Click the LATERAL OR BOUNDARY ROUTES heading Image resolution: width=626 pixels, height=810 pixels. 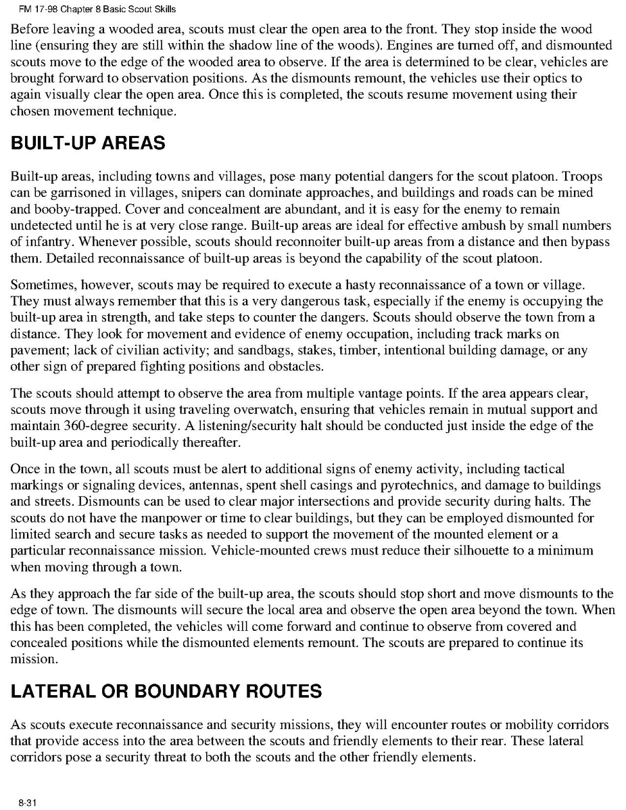pyautogui.click(x=166, y=691)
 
